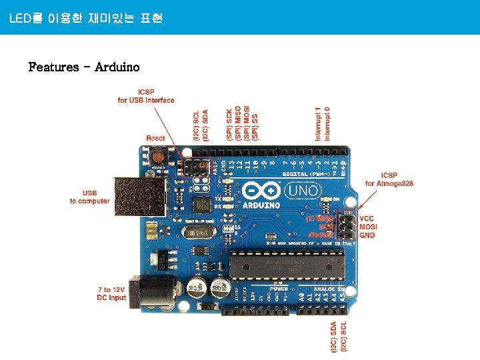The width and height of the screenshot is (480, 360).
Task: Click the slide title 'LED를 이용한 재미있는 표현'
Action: coord(86,18)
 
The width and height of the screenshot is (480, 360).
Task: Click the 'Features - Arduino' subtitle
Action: coord(84,67)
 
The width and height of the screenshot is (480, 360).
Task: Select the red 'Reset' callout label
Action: coord(155,138)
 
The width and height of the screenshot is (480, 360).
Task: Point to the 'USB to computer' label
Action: coord(89,197)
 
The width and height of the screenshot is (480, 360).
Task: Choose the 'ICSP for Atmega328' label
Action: coord(389,179)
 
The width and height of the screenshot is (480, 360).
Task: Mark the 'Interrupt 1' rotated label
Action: coord(319,123)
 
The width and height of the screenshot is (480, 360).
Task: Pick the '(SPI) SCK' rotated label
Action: coord(229,124)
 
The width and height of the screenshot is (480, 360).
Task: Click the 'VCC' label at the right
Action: coord(367,218)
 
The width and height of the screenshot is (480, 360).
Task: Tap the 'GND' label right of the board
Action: coord(367,235)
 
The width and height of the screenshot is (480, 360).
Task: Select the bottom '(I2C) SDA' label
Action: coord(333,336)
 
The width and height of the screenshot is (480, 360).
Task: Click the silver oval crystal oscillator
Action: coord(198,232)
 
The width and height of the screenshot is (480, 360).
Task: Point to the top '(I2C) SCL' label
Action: coord(196,125)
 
